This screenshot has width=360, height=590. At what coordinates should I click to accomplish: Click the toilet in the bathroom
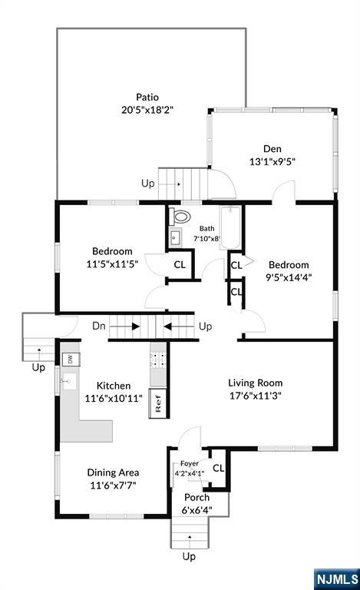coord(180,216)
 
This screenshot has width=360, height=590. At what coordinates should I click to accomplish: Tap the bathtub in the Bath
coord(230,227)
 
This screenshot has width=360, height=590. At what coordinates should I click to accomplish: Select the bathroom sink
coord(175,238)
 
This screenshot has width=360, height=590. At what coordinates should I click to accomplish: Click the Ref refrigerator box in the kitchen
coord(157,403)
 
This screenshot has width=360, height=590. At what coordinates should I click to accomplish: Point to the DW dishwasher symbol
coord(71,360)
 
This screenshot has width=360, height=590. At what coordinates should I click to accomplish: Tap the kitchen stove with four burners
coord(158,360)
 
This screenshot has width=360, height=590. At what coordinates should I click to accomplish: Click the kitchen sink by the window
coord(69,382)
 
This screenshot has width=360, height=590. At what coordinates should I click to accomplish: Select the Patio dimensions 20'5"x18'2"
coord(147,110)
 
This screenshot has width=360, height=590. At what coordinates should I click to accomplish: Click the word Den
coord(272,148)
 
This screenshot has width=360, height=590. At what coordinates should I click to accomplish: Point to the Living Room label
coord(256,383)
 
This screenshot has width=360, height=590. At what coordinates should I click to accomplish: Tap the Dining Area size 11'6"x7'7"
coord(113,486)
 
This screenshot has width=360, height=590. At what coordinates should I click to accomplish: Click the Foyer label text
coord(190,463)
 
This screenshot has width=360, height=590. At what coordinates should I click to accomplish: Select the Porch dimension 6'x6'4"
coord(197,510)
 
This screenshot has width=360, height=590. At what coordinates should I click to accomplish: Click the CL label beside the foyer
coord(219,468)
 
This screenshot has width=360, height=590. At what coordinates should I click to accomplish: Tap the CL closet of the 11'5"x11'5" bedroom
coord(180,264)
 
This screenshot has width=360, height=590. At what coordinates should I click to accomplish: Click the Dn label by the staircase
coord(99,326)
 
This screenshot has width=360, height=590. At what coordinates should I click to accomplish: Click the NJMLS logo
coord(337,578)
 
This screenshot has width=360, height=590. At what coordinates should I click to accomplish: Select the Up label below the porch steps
coord(189,556)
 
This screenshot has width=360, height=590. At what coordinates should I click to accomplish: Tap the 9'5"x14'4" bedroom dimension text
coord(289,277)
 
